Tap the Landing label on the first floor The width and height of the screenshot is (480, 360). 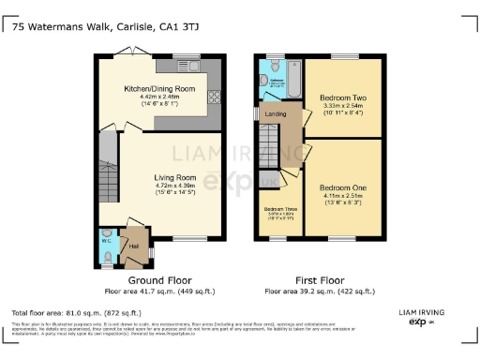tap(276, 115)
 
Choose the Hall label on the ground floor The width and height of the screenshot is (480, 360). tap(133, 247)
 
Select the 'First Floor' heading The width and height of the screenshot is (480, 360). tap(320, 280)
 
